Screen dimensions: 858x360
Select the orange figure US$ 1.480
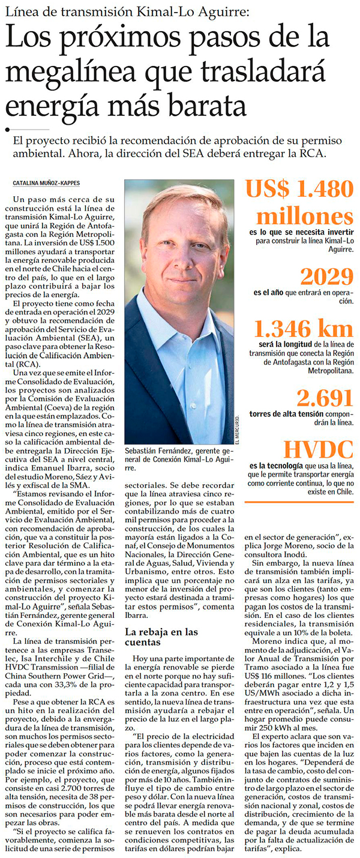[298, 190]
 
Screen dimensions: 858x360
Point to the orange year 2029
[326, 277]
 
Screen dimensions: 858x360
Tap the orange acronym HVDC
[318, 450]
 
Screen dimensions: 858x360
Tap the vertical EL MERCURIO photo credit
[237, 427]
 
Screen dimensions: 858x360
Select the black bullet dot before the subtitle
[7, 129]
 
